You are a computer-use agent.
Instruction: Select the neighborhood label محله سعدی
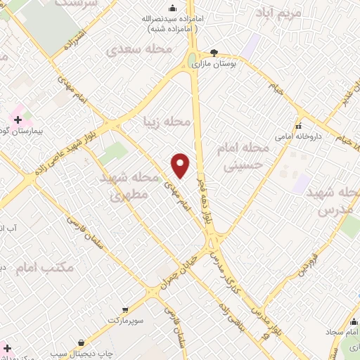pyautogui.click(x=139, y=51)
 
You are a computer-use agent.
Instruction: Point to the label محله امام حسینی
pyautogui.click(x=245, y=157)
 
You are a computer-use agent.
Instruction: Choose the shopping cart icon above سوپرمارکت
pyautogui.click(x=125, y=309)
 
